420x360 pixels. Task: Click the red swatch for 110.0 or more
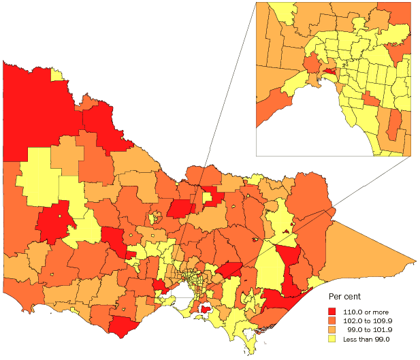click(333, 310)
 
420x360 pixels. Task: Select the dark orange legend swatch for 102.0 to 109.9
click(333, 319)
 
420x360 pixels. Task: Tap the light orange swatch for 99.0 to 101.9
click(333, 329)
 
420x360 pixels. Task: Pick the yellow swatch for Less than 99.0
click(333, 338)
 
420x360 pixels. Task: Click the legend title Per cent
click(345, 297)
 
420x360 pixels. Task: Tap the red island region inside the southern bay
click(204, 310)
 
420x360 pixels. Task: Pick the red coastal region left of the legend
click(279, 300)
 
